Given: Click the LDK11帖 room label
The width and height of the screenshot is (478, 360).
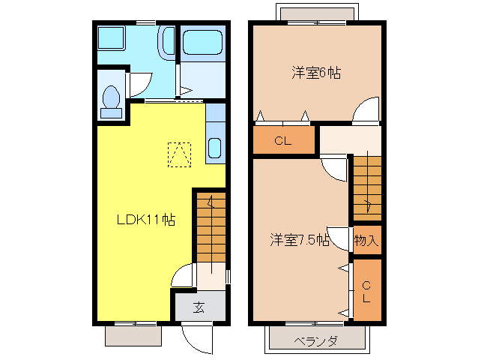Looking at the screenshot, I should [x=145, y=220].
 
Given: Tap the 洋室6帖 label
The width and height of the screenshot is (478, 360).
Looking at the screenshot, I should [x=317, y=73].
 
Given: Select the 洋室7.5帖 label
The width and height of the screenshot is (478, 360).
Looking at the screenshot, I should [x=300, y=240].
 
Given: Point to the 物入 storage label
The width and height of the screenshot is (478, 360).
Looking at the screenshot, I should [x=366, y=241].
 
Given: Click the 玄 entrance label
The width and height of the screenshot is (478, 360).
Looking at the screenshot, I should [x=199, y=307].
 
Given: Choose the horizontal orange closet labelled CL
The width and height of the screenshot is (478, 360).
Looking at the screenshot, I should [x=282, y=140].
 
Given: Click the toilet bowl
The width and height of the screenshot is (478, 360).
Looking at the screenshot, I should [x=112, y=98].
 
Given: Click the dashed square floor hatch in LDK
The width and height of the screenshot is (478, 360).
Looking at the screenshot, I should [x=179, y=154].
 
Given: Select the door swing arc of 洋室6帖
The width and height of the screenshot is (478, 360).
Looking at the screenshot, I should [x=367, y=110].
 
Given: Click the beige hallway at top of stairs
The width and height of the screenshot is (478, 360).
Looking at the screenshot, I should [x=350, y=139].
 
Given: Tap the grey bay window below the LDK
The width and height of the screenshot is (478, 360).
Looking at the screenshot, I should [x=133, y=335].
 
